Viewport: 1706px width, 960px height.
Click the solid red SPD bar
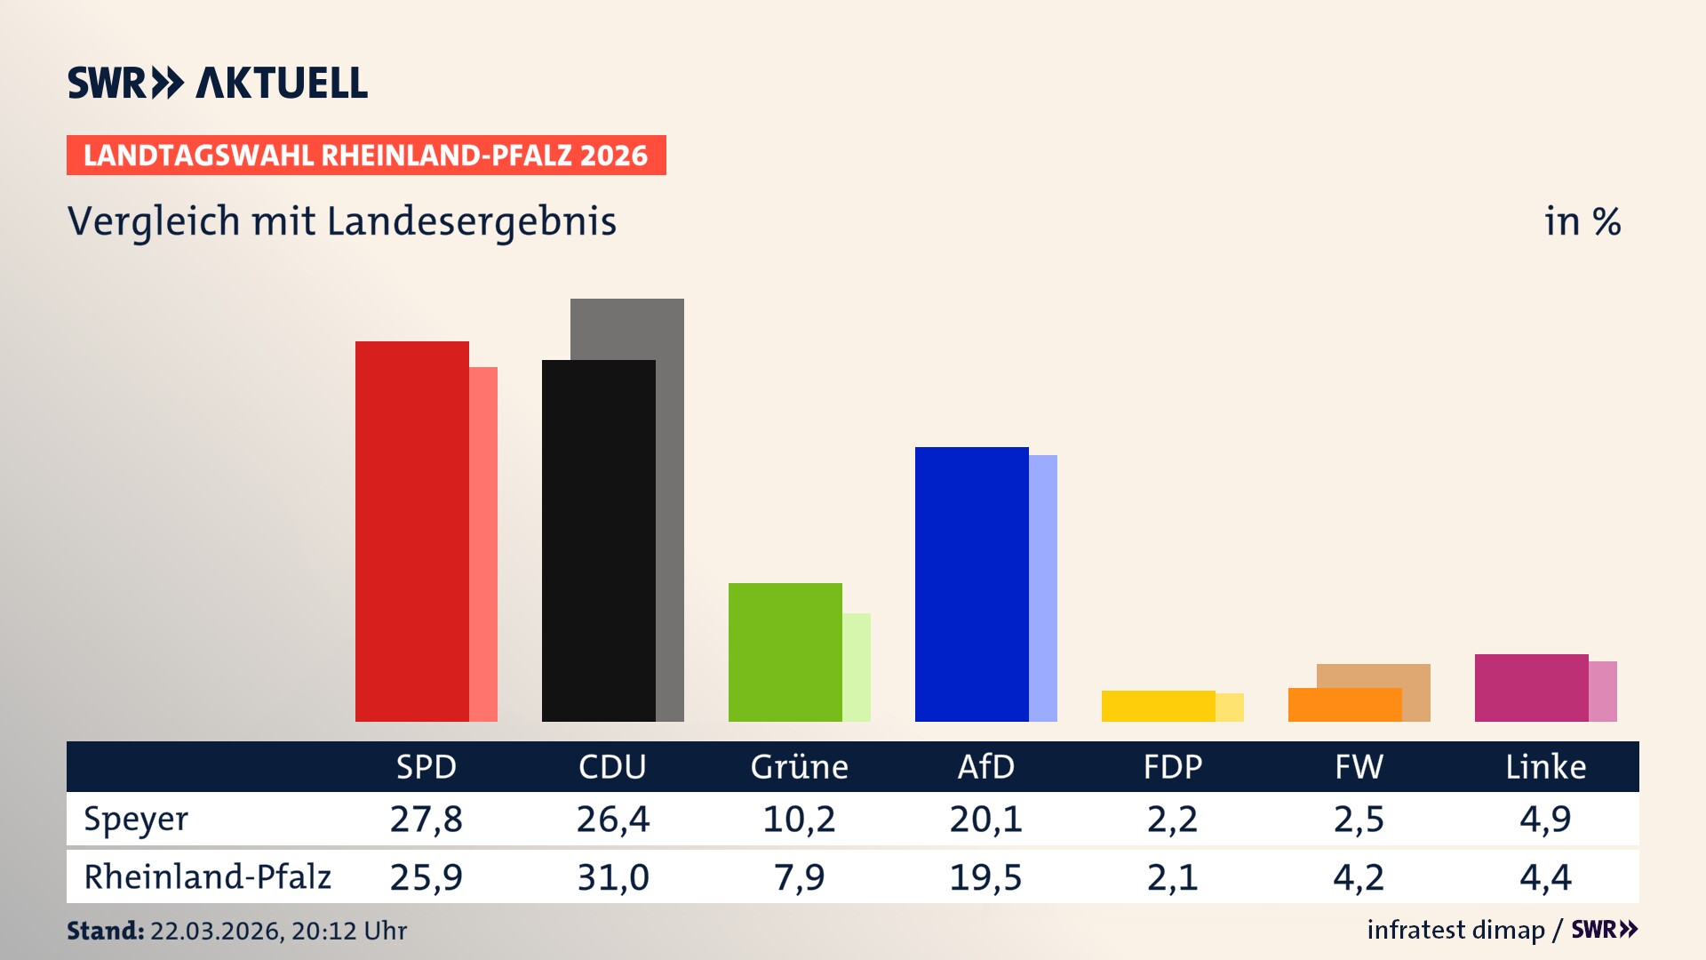(x=411, y=532)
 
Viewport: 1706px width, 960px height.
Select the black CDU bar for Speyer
(x=598, y=540)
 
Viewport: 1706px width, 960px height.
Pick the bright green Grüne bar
(x=785, y=652)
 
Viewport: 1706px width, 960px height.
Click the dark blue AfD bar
(x=971, y=584)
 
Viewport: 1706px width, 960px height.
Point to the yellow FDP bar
(x=1158, y=706)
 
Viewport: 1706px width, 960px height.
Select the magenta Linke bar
(x=1531, y=687)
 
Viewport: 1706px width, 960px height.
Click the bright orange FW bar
(x=1344, y=705)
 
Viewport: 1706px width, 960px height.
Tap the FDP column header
(x=1172, y=767)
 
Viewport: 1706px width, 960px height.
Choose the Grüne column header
(x=799, y=767)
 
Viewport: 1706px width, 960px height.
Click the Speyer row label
(x=136, y=819)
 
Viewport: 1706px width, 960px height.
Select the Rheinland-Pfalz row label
(x=207, y=876)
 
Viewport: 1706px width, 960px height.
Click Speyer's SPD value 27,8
(x=426, y=819)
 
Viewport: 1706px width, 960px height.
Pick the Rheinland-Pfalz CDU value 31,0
(x=612, y=877)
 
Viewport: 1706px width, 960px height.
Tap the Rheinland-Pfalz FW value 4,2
(x=1359, y=877)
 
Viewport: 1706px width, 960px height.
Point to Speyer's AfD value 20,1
(x=985, y=819)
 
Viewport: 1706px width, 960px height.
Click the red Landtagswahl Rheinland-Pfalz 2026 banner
(x=366, y=155)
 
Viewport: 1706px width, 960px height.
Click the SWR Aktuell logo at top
(x=218, y=83)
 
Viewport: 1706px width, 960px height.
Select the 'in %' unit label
(x=1582, y=221)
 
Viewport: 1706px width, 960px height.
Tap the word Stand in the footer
(x=105, y=931)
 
